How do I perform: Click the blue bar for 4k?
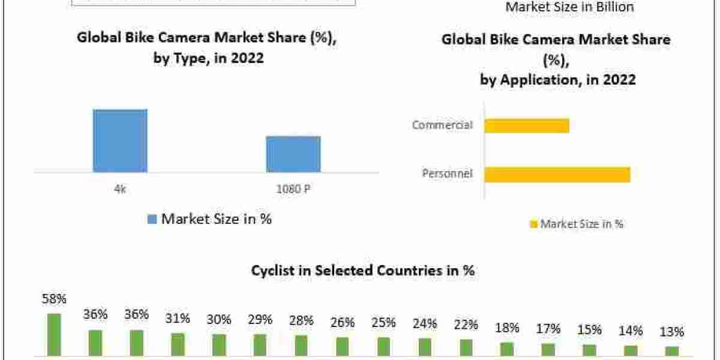click(120, 141)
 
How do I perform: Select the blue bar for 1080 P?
click(293, 154)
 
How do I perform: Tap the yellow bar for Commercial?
click(526, 125)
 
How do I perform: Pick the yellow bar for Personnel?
click(557, 174)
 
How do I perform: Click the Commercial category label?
click(442, 125)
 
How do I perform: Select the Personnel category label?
click(447, 174)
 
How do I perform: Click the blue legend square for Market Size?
click(152, 220)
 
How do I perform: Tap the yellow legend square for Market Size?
click(533, 224)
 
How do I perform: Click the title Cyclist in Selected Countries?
click(363, 271)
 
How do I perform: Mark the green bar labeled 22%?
click(466, 347)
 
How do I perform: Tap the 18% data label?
click(507, 328)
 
